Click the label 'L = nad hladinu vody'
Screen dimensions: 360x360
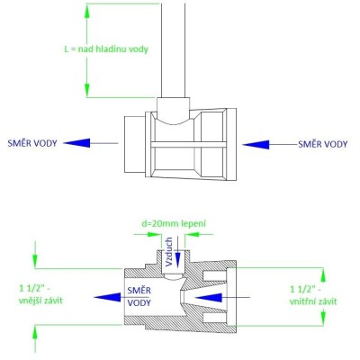pos(106,49)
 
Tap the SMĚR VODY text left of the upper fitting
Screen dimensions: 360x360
pos(32,143)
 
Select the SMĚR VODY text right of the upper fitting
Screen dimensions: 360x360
pos(323,144)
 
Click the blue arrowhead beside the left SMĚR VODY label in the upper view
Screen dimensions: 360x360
pos(76,143)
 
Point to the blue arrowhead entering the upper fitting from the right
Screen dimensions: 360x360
pos(256,145)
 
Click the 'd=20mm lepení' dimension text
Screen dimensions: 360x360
pos(174,224)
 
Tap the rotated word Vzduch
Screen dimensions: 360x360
pos(169,252)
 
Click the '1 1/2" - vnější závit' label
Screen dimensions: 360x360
pos(41,294)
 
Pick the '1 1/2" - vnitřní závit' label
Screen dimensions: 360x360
pos(313,295)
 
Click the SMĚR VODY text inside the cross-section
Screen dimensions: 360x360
pos(139,296)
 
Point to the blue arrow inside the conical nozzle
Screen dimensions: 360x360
pos(222,297)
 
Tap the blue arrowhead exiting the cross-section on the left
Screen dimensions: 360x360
pos(107,297)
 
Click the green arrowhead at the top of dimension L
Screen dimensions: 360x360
pos(87,11)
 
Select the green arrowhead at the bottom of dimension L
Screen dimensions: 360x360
pos(87,90)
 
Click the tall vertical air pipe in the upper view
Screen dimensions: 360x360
pos(173,50)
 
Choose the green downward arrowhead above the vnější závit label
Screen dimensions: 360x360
pos(35,260)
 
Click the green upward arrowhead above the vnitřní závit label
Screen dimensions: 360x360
pos(323,274)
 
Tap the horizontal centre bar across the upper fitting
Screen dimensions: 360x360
pos(188,145)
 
